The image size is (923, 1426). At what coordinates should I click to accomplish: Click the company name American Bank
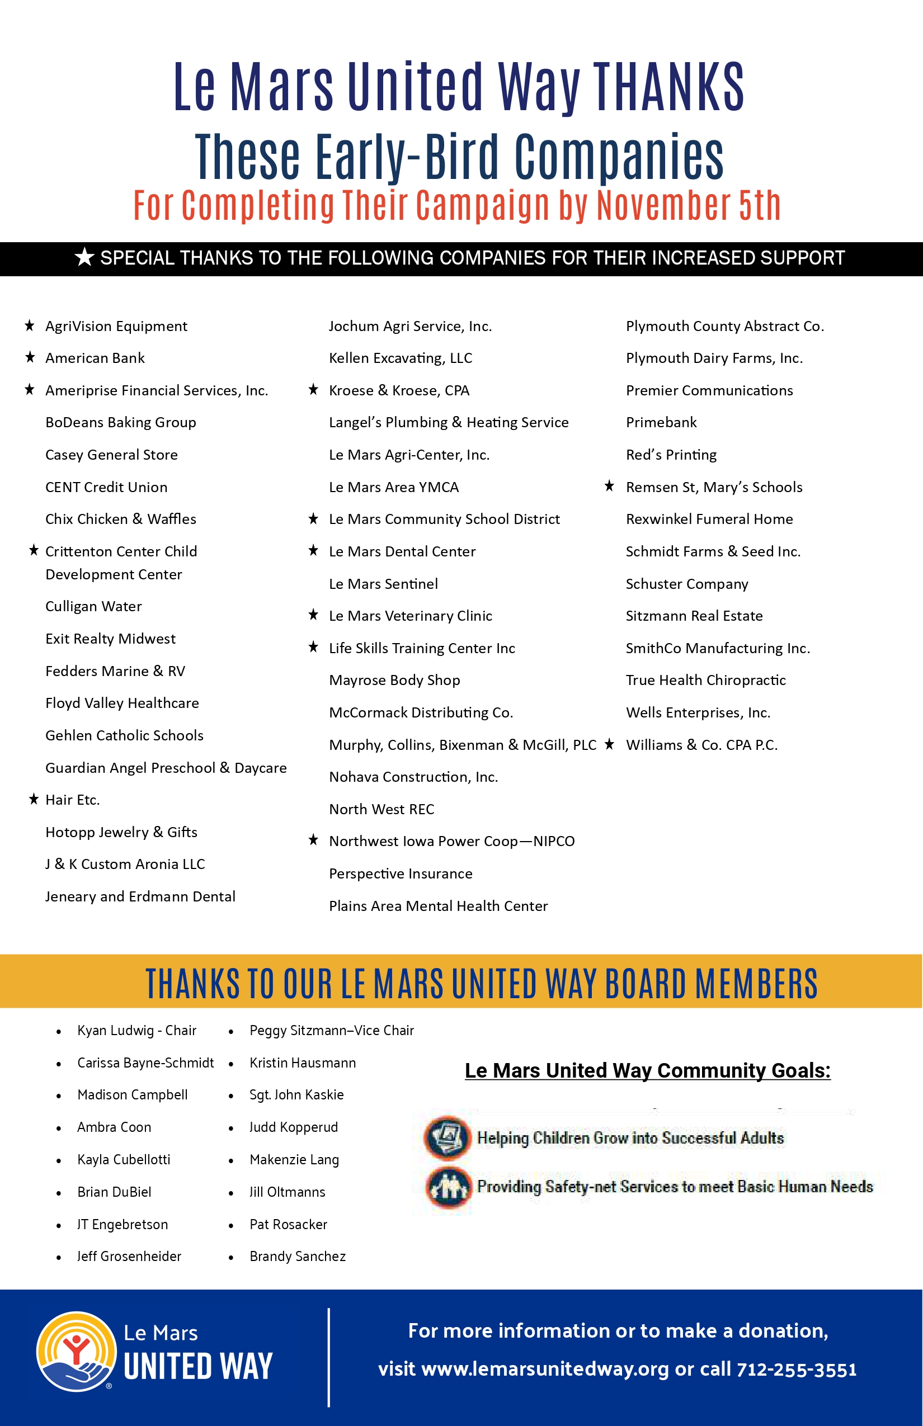click(x=95, y=358)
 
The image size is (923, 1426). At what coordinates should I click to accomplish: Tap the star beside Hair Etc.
click(x=34, y=799)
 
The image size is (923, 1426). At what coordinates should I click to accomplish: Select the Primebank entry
click(x=661, y=422)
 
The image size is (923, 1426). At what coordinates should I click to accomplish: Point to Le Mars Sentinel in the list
click(x=383, y=584)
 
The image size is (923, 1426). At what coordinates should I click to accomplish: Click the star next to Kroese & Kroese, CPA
click(x=313, y=390)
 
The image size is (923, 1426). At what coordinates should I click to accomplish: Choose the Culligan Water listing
click(x=93, y=606)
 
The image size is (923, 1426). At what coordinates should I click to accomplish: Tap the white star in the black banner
click(x=84, y=258)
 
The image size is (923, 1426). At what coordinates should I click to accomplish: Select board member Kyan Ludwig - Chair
click(x=136, y=1031)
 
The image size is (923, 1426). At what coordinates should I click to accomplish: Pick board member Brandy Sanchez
click(x=297, y=1257)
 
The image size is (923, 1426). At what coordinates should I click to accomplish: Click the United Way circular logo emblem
click(x=76, y=1352)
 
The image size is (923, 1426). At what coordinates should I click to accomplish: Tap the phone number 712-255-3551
click(x=797, y=1370)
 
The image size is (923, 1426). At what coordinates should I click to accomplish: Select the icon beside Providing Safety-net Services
click(x=448, y=1186)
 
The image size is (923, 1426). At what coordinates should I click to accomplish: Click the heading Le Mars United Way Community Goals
click(x=647, y=1071)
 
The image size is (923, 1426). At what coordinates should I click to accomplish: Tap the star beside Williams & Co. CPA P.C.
click(x=610, y=744)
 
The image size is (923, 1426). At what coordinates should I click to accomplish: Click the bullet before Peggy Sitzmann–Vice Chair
click(x=230, y=1032)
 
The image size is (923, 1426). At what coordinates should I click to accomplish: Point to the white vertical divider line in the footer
click(x=328, y=1357)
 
